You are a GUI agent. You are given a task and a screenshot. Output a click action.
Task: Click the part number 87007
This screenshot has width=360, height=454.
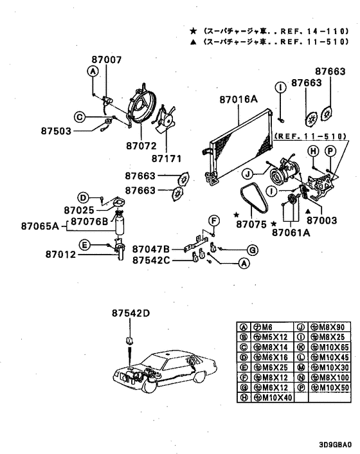pos(107,60)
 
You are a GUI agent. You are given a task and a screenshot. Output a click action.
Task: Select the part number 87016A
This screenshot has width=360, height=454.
pos(239,99)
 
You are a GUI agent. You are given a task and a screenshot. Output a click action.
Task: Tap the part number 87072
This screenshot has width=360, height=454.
pos(141,145)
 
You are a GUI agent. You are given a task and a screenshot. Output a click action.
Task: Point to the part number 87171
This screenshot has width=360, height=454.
pos(166,159)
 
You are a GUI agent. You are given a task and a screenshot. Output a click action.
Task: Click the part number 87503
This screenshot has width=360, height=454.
pos(56,131)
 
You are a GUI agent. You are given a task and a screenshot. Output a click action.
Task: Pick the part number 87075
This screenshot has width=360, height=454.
pos(251,224)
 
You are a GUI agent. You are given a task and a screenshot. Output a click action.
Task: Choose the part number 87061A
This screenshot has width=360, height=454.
pos(291,233)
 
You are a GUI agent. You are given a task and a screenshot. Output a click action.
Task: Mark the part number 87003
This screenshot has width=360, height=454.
pos(322,221)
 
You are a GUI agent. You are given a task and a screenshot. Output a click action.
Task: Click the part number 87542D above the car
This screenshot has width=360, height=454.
pos(131,313)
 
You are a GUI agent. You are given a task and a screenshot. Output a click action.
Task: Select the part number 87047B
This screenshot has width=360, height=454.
pos(151,249)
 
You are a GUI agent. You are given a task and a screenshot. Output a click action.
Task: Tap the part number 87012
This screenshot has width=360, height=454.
pos(60,255)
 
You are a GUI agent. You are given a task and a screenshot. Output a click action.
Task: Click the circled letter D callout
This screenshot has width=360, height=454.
pos(83,198)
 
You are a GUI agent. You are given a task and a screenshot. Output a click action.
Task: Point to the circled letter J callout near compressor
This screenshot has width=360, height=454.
pos(248,174)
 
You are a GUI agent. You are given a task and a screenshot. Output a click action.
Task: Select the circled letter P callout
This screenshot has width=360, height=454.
pos(330,151)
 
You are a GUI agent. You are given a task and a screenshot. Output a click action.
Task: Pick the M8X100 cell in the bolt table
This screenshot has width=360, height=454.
pos(329,377)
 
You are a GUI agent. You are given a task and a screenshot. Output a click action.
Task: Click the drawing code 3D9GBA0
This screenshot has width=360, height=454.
pos(336,444)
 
